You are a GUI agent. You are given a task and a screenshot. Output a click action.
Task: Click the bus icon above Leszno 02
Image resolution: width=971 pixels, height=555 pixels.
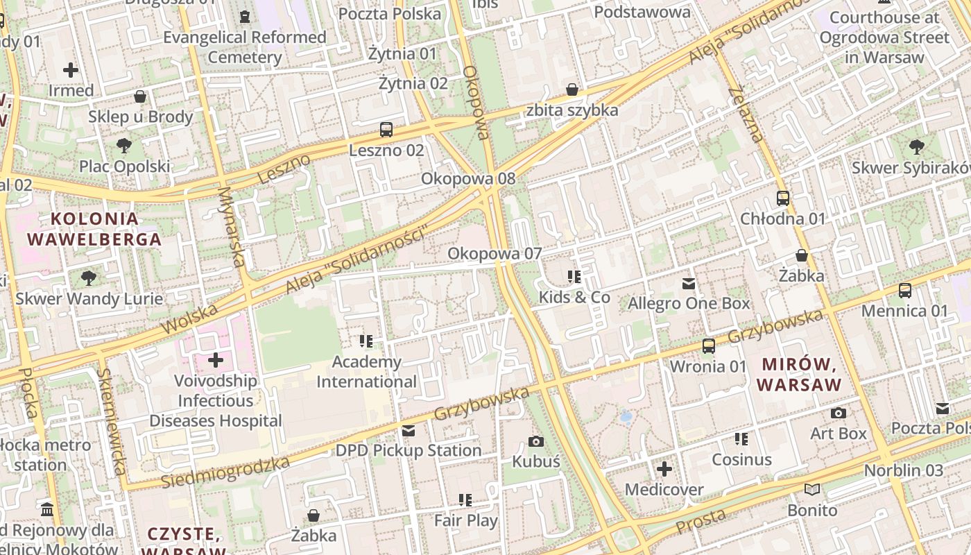tap(386, 130)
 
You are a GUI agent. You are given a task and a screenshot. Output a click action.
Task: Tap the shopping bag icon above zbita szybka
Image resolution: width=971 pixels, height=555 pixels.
tap(572, 89)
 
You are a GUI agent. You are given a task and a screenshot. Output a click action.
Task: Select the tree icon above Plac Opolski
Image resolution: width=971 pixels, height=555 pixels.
tap(124, 146)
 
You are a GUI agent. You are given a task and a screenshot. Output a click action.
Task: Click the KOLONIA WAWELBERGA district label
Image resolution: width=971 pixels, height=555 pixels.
tap(94, 229)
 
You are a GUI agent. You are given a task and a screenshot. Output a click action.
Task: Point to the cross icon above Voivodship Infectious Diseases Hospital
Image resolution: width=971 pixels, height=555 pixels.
tap(216, 360)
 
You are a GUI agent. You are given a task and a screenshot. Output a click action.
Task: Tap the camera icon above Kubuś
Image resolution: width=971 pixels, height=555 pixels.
tap(535, 441)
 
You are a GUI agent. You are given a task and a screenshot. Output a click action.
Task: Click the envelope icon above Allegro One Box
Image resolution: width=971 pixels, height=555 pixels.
tap(689, 283)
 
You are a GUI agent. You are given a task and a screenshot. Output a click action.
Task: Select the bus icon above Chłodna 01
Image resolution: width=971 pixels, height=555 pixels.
tap(783, 198)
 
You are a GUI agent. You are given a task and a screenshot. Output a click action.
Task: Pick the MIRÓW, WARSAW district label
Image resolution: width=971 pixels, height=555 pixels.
tap(798, 374)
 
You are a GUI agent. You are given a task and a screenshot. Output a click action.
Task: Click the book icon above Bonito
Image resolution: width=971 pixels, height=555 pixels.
tap(812, 490)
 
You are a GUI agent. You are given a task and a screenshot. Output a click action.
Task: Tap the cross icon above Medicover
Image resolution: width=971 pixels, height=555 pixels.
tap(664, 469)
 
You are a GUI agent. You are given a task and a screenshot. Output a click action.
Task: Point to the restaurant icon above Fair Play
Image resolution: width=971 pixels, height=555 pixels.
tap(465, 499)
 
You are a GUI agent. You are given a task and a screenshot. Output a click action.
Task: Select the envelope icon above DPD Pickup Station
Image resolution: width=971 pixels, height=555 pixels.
tap(409, 430)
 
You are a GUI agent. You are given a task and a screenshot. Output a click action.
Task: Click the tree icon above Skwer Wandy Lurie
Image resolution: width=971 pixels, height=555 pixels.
tap(89, 278)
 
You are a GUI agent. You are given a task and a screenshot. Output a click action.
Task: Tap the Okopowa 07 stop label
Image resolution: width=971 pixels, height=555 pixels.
tap(494, 254)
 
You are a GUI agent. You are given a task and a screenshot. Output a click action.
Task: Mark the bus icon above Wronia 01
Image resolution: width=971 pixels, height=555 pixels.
tap(709, 345)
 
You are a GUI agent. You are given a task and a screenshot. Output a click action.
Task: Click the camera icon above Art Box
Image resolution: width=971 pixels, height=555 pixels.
tap(839, 413)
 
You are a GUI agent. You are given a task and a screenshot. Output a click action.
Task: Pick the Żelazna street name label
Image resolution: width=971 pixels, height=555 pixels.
tap(746, 113)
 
